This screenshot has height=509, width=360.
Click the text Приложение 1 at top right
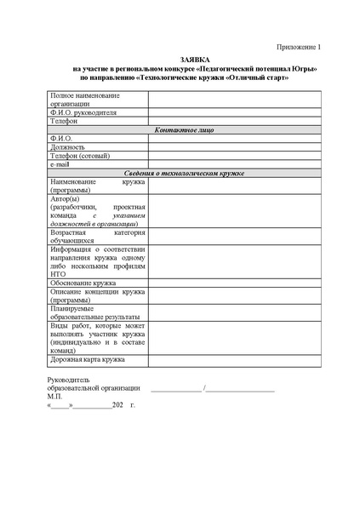[301, 48]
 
